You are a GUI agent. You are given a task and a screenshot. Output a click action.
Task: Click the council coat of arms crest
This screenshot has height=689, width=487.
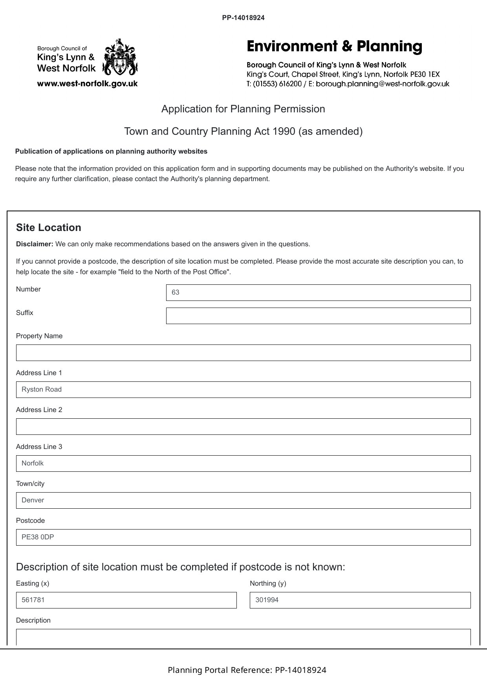pyautogui.click(x=120, y=57)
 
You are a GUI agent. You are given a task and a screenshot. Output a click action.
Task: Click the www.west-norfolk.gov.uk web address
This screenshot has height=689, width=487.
pyautogui.click(x=87, y=84)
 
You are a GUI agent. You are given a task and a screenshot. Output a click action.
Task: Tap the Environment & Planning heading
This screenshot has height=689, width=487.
pyautogui.click(x=334, y=47)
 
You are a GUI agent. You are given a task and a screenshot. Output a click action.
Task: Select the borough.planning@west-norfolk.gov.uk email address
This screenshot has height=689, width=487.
pyautogui.click(x=382, y=84)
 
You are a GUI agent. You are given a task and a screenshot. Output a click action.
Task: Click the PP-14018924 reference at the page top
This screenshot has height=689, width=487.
pyautogui.click(x=243, y=18)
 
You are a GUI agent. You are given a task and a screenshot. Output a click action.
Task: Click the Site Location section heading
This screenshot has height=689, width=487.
pyautogui.click(x=49, y=228)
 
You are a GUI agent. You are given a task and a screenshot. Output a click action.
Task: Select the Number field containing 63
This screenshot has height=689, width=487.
pyautogui.click(x=318, y=293)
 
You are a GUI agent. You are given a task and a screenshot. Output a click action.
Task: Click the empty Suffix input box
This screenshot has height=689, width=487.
pyautogui.click(x=318, y=316)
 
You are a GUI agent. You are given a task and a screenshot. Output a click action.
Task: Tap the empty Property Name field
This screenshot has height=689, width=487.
pyautogui.click(x=243, y=353)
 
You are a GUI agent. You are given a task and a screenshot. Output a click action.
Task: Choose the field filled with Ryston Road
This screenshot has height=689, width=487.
pyautogui.click(x=243, y=390)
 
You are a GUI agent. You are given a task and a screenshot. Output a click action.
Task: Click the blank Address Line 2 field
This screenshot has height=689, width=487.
pyautogui.click(x=243, y=427)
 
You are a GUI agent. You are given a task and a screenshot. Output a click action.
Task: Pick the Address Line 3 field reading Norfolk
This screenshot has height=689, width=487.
pyautogui.click(x=243, y=464)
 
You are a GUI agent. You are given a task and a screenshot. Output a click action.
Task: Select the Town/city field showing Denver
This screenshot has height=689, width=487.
pyautogui.click(x=243, y=500)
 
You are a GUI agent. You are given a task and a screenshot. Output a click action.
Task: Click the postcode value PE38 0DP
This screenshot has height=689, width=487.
pyautogui.click(x=38, y=537)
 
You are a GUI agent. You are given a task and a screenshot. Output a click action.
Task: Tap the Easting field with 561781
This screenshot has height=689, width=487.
pyautogui.click(x=126, y=600)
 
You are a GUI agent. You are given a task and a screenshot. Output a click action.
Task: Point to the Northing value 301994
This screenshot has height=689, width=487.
pyautogui.click(x=267, y=600)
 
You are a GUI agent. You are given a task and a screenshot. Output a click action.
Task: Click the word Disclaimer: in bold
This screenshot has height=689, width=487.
pyautogui.click(x=35, y=244)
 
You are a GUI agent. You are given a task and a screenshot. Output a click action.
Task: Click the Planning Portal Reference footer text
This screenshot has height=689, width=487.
pyautogui.click(x=247, y=670)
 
